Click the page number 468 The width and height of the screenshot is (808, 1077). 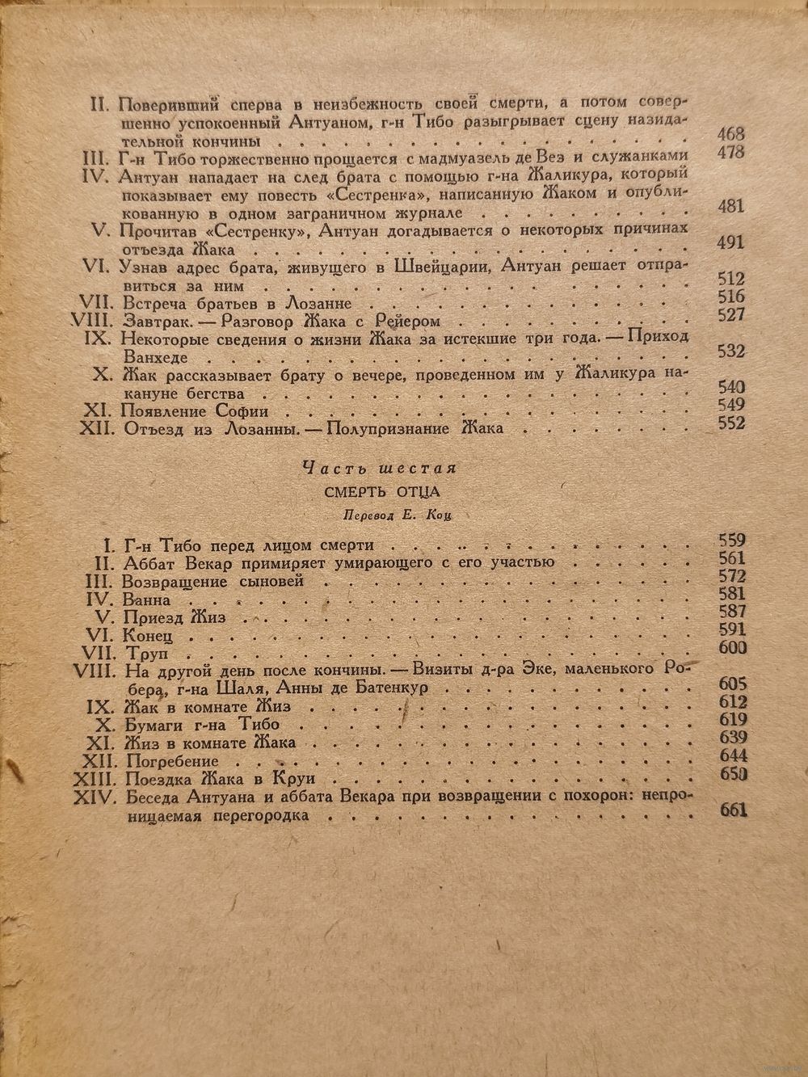(730, 135)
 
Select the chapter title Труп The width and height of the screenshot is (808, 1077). (142, 650)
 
